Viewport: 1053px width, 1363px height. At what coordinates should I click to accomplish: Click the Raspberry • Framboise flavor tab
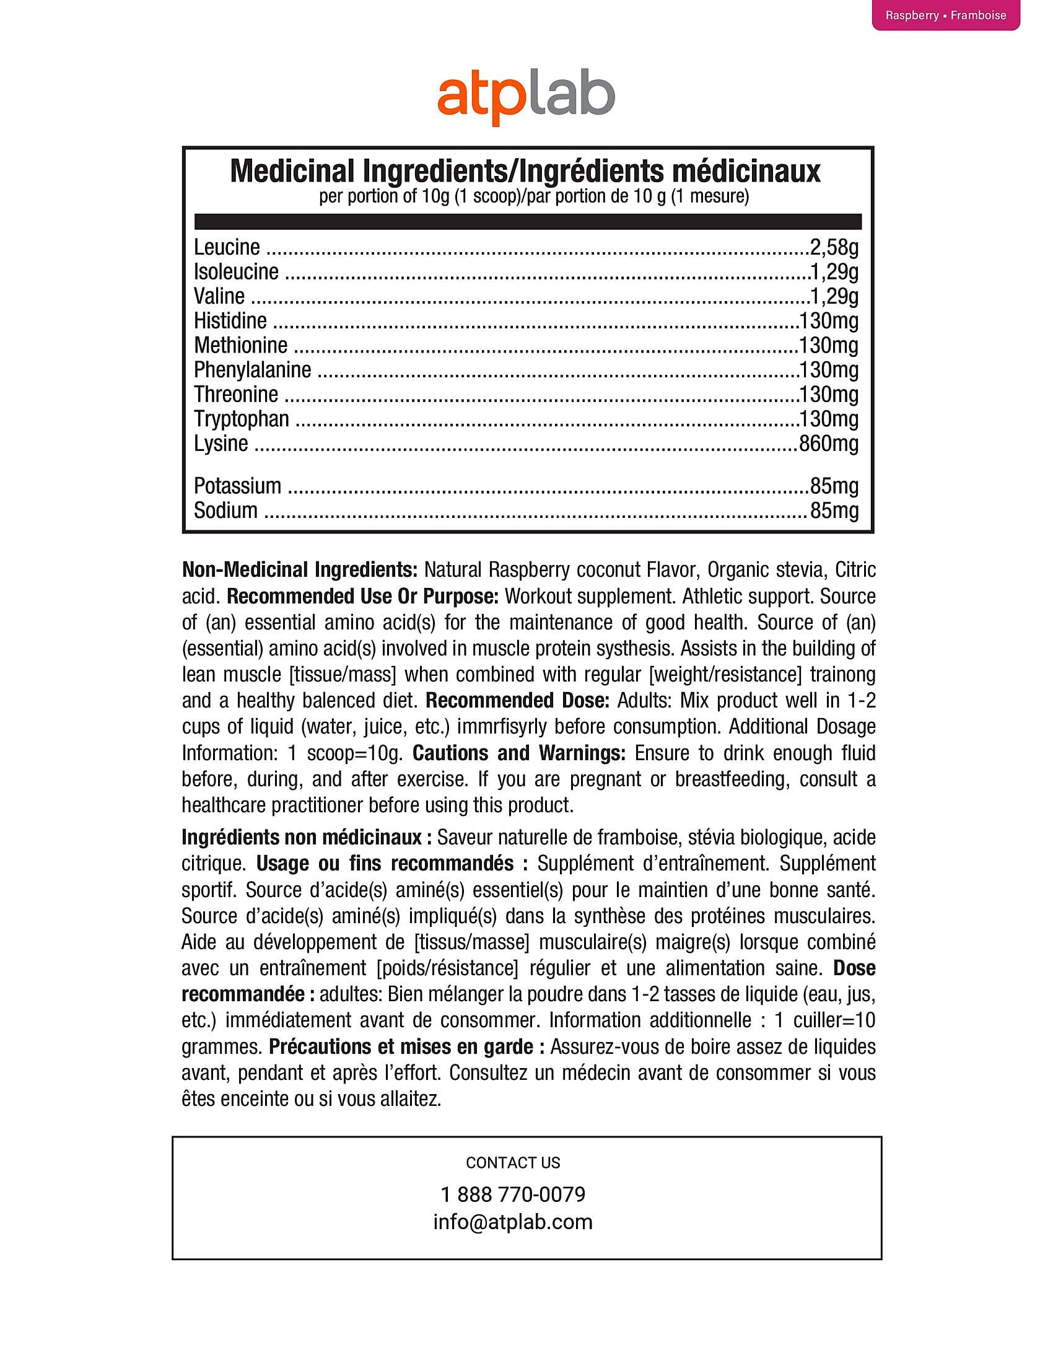click(x=945, y=15)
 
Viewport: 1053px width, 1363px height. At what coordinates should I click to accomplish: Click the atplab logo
click(x=526, y=99)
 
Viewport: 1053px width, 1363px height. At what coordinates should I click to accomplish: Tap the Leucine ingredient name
click(x=227, y=247)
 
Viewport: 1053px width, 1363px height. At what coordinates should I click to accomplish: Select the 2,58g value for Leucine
click(x=834, y=248)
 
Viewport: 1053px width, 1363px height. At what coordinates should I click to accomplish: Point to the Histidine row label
click(x=230, y=321)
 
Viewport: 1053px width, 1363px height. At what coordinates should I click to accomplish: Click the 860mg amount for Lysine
click(x=828, y=444)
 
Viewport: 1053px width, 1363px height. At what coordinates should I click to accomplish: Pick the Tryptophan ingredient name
click(x=242, y=419)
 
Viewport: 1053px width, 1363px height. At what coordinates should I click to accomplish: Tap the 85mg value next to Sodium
click(x=834, y=511)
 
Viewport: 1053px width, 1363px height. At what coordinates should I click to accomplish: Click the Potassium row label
click(x=237, y=486)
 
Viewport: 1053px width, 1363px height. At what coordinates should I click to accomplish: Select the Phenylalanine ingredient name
click(x=252, y=370)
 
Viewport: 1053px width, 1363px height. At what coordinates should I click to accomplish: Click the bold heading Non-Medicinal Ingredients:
click(x=299, y=570)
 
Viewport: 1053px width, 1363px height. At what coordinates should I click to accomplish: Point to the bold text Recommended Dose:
click(x=517, y=700)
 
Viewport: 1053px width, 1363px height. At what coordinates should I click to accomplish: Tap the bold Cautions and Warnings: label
click(x=519, y=753)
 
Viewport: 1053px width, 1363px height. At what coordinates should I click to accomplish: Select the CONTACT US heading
click(x=513, y=1163)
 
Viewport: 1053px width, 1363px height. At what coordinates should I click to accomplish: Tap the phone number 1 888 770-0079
click(x=513, y=1194)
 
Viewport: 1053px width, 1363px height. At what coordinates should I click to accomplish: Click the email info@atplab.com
click(x=513, y=1221)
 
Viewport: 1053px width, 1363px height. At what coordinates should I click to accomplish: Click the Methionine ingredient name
click(x=241, y=345)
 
